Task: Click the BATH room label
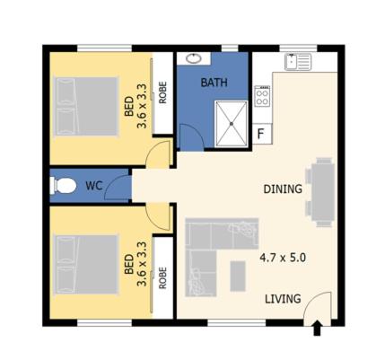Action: click(x=214, y=83)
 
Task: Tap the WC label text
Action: click(x=93, y=187)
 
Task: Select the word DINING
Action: click(x=282, y=189)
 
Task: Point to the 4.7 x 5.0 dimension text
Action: click(x=283, y=258)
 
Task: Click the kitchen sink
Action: click(x=296, y=62)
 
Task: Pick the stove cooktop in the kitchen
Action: click(x=262, y=97)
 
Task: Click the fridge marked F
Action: click(x=261, y=135)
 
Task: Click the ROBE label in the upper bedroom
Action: click(x=163, y=94)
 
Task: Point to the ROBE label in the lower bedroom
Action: click(x=163, y=277)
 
